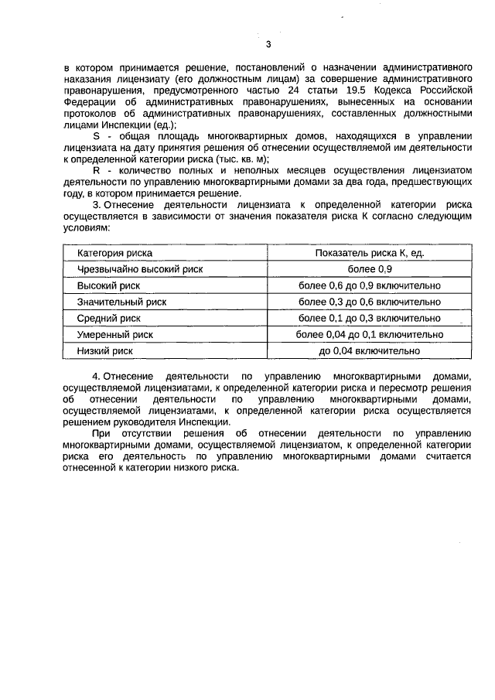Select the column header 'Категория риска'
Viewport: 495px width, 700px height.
(114, 253)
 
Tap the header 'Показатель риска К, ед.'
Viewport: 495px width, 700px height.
(369, 253)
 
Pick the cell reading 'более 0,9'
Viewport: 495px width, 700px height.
(369, 269)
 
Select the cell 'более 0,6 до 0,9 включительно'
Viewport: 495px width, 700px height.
(369, 285)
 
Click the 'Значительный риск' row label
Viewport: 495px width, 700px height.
(121, 302)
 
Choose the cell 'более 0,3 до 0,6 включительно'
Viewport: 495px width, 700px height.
(369, 302)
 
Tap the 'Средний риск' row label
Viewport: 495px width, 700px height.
(109, 318)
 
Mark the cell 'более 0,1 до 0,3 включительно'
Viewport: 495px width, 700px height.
(369, 318)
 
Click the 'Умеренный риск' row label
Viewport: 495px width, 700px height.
(115, 335)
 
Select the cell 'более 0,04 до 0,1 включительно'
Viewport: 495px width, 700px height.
(369, 335)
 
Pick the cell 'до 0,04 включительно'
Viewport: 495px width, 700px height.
(369, 351)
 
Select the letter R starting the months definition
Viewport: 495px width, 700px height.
(96, 169)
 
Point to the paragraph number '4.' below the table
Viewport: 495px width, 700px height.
(97, 376)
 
